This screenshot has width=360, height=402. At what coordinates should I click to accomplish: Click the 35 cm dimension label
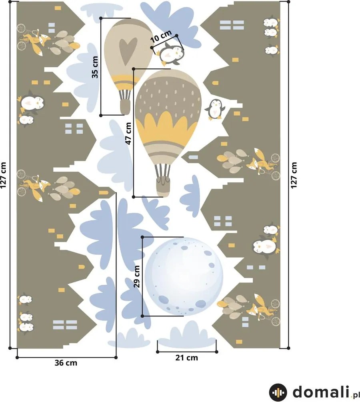click(x=95, y=67)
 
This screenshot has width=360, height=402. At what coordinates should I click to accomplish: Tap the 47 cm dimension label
click(x=128, y=133)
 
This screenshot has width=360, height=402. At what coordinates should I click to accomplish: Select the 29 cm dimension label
click(x=137, y=276)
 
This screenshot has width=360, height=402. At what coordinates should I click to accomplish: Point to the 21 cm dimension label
click(x=187, y=358)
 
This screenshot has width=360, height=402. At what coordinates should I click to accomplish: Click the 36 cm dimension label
click(x=66, y=363)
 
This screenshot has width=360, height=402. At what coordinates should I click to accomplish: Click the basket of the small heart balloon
click(x=125, y=108)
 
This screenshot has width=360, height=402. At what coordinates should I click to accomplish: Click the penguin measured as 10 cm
click(x=170, y=54)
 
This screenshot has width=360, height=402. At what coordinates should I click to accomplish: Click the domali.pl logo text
click(x=326, y=392)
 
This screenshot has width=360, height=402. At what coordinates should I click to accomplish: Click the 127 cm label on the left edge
click(x=3, y=175)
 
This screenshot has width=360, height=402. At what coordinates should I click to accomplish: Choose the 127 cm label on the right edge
click(x=294, y=175)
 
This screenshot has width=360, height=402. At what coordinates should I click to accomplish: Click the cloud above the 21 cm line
click(x=187, y=334)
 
